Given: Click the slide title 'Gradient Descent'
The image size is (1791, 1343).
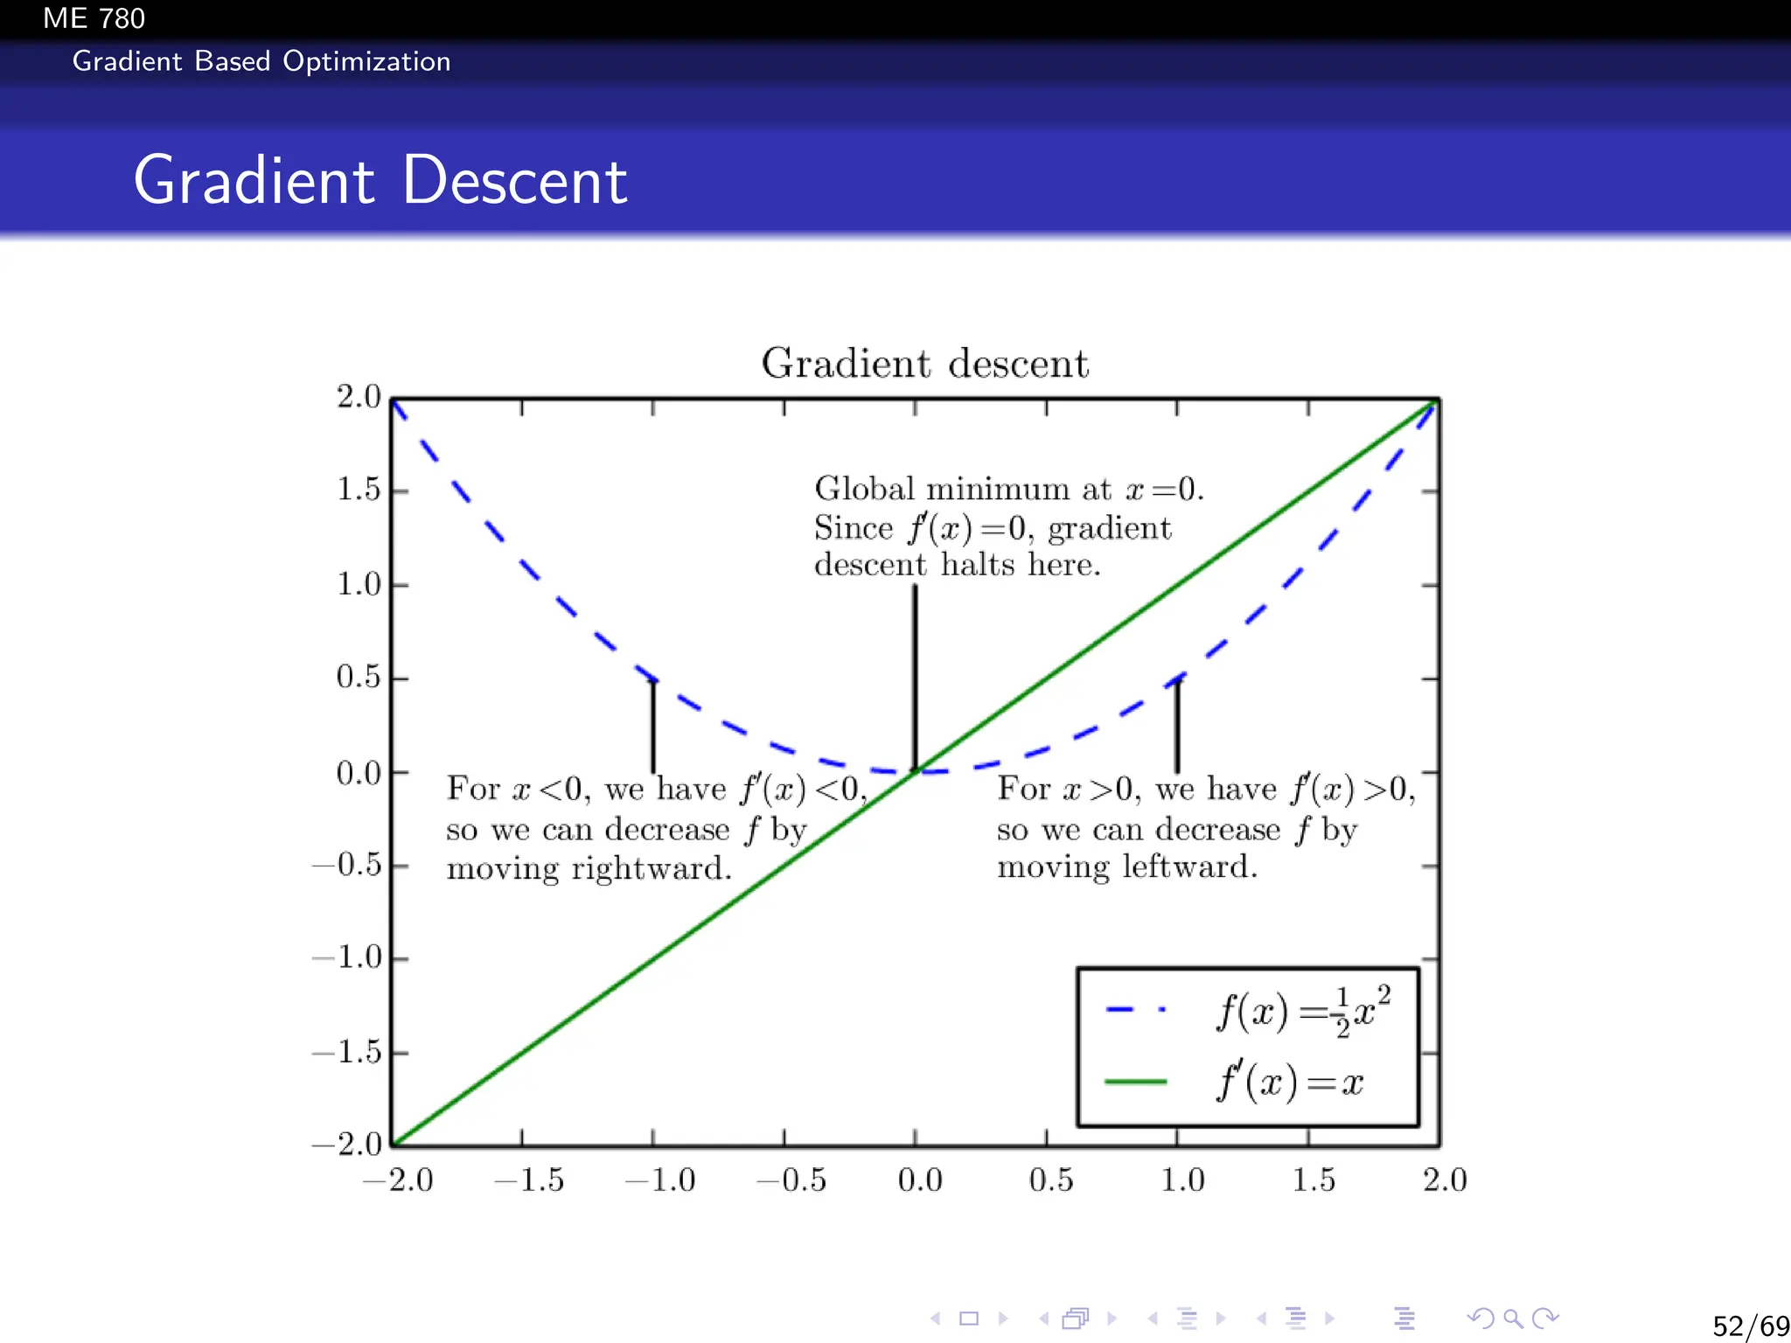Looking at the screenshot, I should tap(380, 180).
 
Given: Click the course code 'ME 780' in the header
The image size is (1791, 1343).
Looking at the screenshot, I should tap(94, 18).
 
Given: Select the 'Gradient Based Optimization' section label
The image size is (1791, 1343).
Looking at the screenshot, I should tap(261, 61).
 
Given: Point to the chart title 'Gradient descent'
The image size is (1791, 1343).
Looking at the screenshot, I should tap(924, 363).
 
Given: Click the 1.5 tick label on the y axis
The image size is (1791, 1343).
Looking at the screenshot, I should tap(359, 490).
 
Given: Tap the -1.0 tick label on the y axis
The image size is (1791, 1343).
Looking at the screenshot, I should tap(348, 957).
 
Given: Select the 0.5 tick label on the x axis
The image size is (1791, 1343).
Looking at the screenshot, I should tap(1050, 1180).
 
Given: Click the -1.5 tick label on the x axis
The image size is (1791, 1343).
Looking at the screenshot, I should tap(530, 1180).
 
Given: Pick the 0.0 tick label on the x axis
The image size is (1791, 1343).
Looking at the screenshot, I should tap(919, 1180).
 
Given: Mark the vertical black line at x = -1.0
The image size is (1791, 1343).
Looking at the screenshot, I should tap(652, 726).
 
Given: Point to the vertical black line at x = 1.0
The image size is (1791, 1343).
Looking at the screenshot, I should tap(1177, 726).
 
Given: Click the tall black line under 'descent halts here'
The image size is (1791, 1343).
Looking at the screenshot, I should tap(915, 678).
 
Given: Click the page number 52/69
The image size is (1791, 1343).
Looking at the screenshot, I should tap(1750, 1326).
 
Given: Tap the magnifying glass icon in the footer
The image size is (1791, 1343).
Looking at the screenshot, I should tap(1513, 1319).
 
